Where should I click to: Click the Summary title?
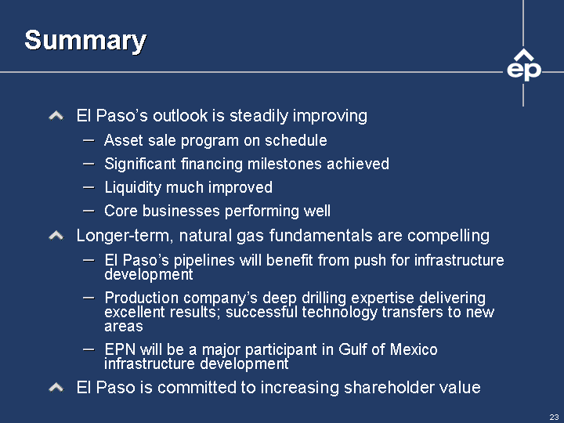[85, 40]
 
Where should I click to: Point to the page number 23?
[554, 417]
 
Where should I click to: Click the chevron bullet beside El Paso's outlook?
[56, 116]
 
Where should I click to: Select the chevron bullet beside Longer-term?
[56, 236]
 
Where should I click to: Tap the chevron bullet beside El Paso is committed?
[56, 388]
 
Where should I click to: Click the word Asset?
[124, 140]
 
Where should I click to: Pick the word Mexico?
[414, 349]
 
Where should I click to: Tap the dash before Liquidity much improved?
[89, 187]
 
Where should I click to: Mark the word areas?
[124, 327]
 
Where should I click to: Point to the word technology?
[339, 313]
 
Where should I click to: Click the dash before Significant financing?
[89, 164]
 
